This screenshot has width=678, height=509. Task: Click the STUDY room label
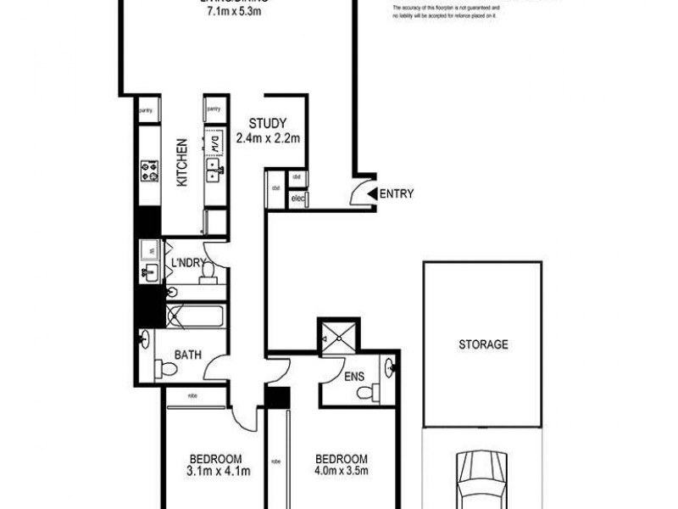coord(268,123)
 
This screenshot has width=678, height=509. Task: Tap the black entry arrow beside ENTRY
coord(370,194)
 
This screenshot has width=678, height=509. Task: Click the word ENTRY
coord(397,194)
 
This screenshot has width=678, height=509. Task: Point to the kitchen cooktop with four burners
coord(150,172)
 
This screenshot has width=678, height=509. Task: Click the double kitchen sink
coord(214,176)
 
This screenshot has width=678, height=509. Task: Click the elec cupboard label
coord(297,199)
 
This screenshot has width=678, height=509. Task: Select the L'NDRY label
coord(187,264)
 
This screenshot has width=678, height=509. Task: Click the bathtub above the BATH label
coord(194,317)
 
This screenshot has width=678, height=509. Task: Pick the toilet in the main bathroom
coord(165,369)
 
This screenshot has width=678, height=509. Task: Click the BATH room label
coord(188,355)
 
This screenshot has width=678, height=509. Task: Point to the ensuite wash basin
coord(389,368)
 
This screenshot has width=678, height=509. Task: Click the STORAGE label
coord(483,344)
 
